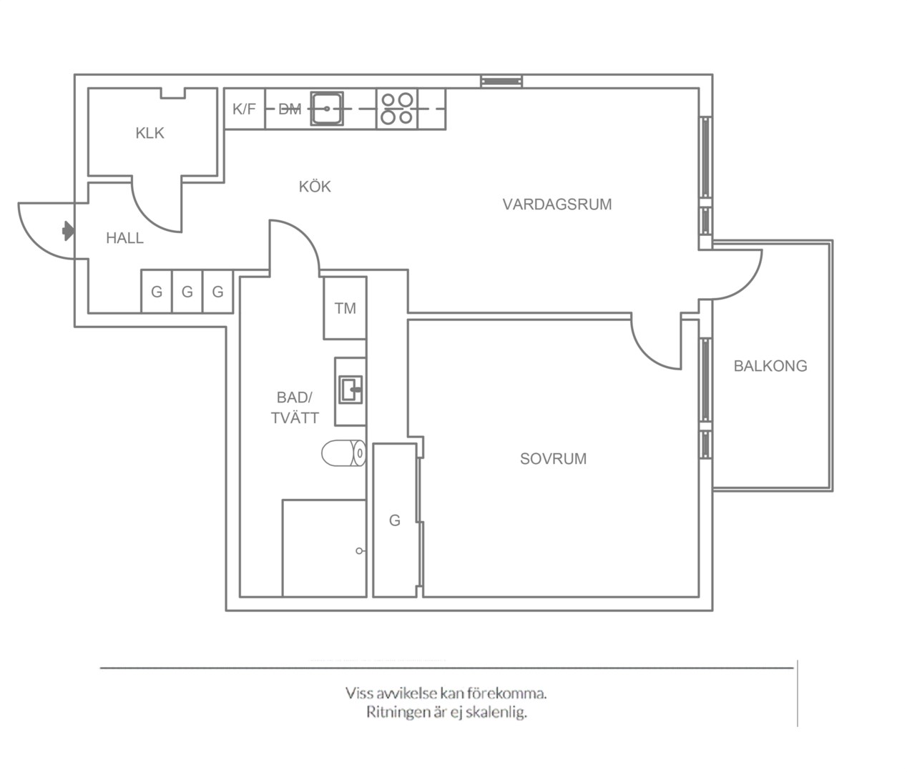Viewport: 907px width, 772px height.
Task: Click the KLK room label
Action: (x=149, y=133)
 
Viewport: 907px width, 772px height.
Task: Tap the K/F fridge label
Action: (x=244, y=109)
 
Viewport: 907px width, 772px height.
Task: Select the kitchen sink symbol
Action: (x=327, y=109)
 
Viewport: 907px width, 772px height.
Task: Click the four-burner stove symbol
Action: (x=397, y=109)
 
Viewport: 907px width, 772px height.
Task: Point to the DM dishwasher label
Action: (x=290, y=109)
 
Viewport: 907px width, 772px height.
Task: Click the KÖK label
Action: (x=315, y=187)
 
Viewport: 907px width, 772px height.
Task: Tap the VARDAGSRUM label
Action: (x=557, y=204)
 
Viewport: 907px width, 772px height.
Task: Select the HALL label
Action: (x=124, y=238)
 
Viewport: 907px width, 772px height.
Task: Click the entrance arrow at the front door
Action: (x=68, y=231)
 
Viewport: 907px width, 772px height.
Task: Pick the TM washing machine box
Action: (x=345, y=308)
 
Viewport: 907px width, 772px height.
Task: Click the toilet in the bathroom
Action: (x=343, y=452)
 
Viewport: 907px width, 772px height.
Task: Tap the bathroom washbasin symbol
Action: (x=350, y=390)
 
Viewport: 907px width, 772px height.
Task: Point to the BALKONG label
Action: (x=770, y=366)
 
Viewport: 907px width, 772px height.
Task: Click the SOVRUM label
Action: (x=553, y=459)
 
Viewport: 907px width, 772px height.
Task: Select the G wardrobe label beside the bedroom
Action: (x=394, y=520)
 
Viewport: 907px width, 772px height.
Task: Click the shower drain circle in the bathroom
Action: (x=359, y=551)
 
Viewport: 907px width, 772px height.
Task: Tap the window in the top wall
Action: (x=501, y=81)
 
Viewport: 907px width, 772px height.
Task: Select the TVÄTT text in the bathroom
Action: (x=295, y=417)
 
